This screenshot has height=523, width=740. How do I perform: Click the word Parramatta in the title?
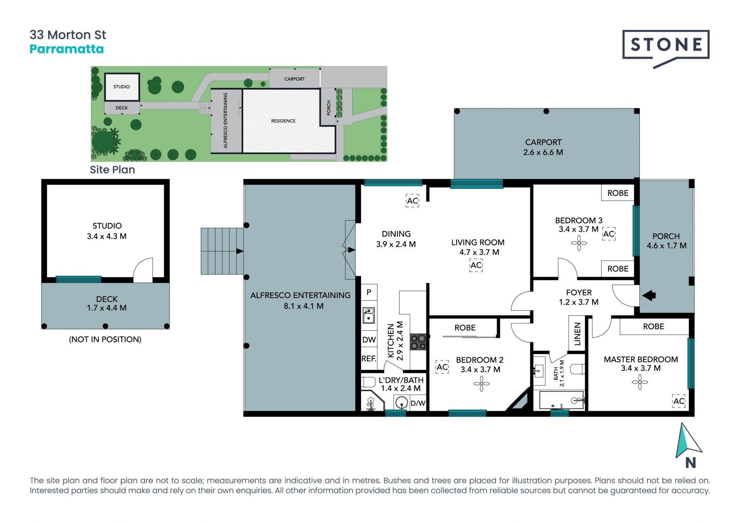point(67,49)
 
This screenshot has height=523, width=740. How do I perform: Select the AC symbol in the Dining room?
point(412,201)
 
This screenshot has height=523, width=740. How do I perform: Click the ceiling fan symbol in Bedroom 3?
point(579,243)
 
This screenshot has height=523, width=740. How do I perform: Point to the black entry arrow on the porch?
point(649,296)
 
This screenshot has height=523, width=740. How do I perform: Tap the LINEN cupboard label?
point(577,334)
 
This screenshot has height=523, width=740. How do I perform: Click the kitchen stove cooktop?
point(418,342)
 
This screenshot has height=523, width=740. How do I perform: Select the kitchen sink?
point(369,315)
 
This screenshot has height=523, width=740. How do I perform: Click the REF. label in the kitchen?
point(369,359)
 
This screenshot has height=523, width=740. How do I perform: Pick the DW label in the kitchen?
point(369,340)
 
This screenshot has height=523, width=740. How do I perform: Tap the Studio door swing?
point(143,270)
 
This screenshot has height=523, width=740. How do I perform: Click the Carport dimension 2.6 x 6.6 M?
point(543,152)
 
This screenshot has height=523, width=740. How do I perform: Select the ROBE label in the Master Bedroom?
point(654,326)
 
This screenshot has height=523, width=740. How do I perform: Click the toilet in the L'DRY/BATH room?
point(368,382)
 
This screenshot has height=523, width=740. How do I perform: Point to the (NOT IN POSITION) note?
point(105,340)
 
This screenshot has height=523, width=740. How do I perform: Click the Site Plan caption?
point(113,170)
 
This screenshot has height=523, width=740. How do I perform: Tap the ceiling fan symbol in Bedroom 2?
point(481,383)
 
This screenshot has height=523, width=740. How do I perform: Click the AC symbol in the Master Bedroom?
point(679,401)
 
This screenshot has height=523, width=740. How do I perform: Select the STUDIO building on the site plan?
point(122,87)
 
